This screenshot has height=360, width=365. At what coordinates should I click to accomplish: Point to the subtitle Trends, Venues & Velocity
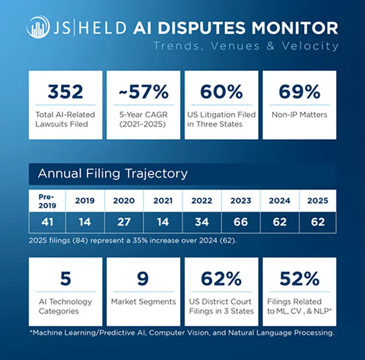pyautogui.click(x=246, y=45)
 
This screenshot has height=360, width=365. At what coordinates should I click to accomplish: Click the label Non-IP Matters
pyautogui.click(x=299, y=115)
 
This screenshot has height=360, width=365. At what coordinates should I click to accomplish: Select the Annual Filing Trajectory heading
pyautogui.click(x=113, y=174)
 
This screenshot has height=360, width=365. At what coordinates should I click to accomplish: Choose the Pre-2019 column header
pyautogui.click(x=47, y=201)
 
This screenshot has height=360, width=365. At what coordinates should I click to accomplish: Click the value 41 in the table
pyautogui.click(x=47, y=222)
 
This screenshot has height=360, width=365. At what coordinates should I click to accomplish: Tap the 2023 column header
pyautogui.click(x=241, y=201)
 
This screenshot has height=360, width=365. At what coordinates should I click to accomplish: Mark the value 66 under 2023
pyautogui.click(x=241, y=222)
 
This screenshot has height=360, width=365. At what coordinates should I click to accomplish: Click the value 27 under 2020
pyautogui.click(x=124, y=222)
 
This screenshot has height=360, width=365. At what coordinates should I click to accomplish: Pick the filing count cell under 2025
pyautogui.click(x=318, y=222)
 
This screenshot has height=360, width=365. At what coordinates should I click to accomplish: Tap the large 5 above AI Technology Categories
pyautogui.click(x=65, y=279)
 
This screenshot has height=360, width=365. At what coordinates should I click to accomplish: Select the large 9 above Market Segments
pyautogui.click(x=143, y=279)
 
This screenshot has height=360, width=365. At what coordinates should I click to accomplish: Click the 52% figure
pyautogui.click(x=299, y=279)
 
